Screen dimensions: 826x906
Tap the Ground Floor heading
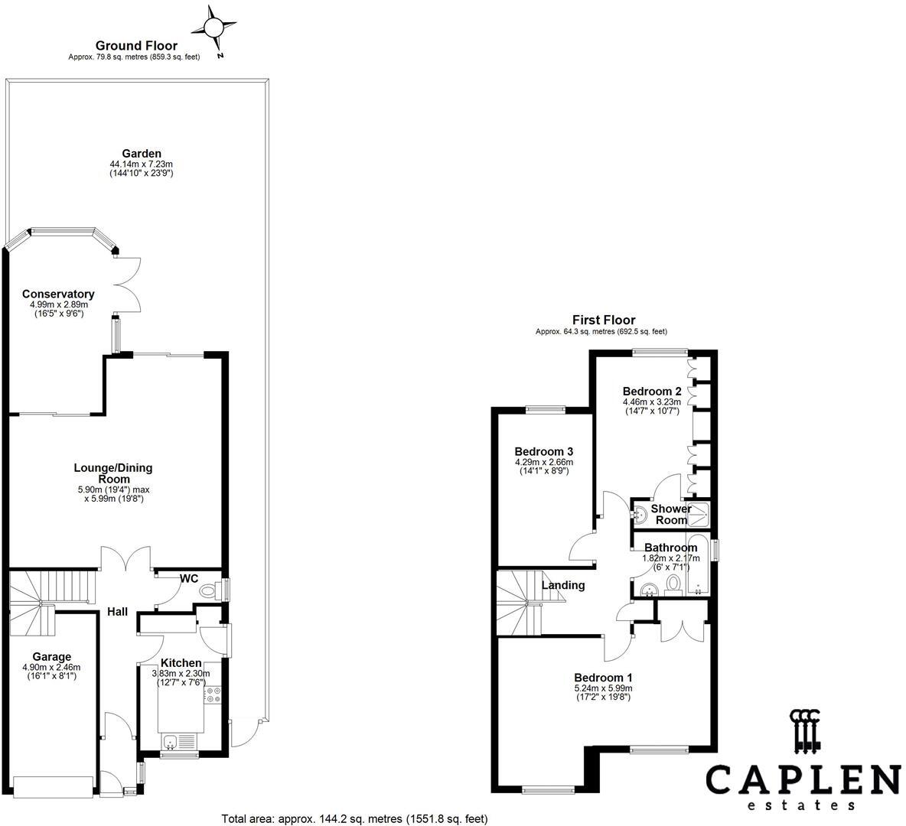[136, 46]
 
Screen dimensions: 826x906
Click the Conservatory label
[58, 294]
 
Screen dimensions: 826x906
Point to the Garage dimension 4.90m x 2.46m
[51, 667]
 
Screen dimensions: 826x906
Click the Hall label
[117, 612]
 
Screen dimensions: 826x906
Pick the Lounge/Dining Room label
[113, 473]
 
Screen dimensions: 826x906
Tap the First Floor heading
[604, 320]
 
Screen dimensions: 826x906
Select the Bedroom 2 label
[651, 391]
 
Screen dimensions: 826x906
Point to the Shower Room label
[671, 514]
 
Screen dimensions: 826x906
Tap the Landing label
[563, 585]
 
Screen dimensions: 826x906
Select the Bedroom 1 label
[603, 678]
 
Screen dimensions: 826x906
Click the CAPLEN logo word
[802, 779]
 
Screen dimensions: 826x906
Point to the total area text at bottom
[354, 818]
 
